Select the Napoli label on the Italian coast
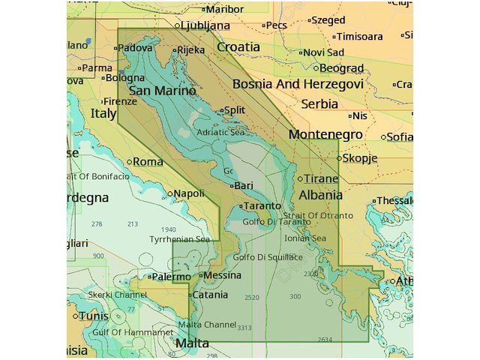tap(188, 193)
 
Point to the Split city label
tap(234, 110)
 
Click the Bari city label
tap(243, 184)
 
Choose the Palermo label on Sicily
tap(172, 277)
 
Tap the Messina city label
tap(223, 275)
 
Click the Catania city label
tap(210, 295)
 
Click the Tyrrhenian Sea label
tap(179, 239)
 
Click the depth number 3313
tap(244, 328)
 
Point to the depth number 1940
tap(168, 229)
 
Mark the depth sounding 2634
tap(325, 340)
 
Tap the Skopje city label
tap(360, 158)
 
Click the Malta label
tap(192, 343)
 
